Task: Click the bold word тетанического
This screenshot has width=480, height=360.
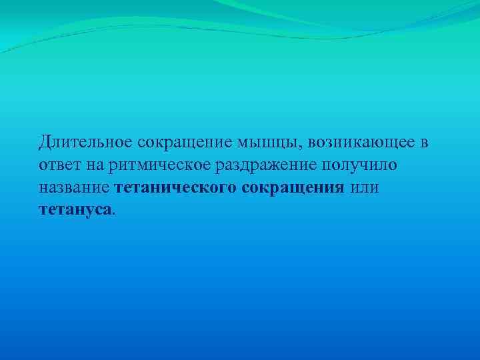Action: click(x=175, y=187)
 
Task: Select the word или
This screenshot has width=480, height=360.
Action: click(x=364, y=187)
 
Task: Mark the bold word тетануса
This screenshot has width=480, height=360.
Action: click(x=75, y=210)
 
